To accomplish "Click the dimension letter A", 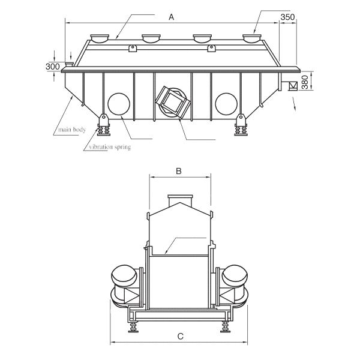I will point(171,17).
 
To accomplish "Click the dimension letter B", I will point(178,171).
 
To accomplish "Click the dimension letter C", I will point(180,337).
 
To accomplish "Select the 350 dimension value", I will point(288,17).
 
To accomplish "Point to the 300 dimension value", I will point(53,66).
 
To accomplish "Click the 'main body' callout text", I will point(71,130).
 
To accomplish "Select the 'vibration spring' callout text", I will point(109,146).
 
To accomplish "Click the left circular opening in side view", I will point(118,103).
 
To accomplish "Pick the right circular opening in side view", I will point(226,103).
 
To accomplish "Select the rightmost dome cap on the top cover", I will point(253,38).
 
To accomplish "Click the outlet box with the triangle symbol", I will point(292,86).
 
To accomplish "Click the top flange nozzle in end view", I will point(179,200).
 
